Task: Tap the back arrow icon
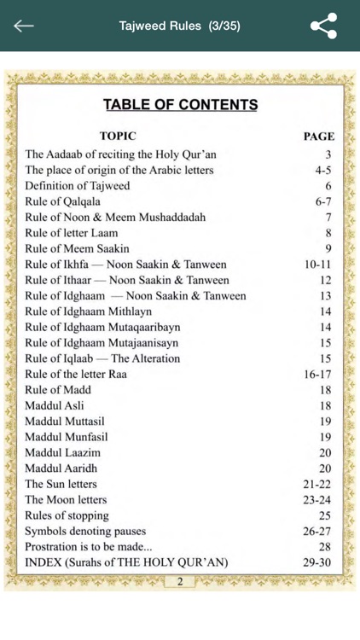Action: coord(24,26)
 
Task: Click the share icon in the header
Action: coord(323,26)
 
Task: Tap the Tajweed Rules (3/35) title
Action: coord(180,26)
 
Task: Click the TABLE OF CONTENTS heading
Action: coord(180,105)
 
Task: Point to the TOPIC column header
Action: coord(118,136)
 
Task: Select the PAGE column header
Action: coord(318,137)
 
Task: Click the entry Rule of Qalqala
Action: coord(63,201)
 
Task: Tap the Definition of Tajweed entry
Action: coord(78,186)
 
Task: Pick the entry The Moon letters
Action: coord(67,500)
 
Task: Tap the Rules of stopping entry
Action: coord(67,515)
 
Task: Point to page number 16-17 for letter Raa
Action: coord(316,375)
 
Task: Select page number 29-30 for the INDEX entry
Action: coord(316,563)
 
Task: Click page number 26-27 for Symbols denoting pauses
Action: coord(316,532)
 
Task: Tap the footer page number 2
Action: coord(180,582)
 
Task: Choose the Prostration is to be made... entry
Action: coord(89,547)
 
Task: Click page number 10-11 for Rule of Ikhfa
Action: coord(316,265)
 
